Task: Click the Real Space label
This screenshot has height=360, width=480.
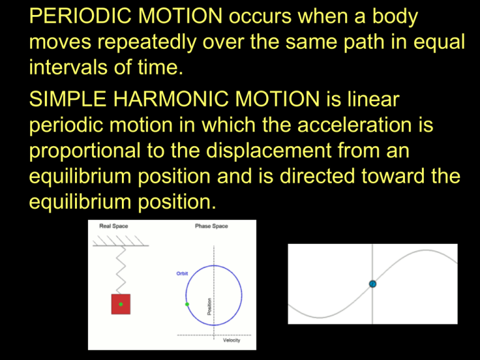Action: point(114,226)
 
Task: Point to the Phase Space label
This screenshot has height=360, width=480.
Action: point(211,226)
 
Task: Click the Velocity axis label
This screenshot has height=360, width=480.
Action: point(232,341)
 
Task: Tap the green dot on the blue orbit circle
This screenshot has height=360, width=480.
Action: point(187,304)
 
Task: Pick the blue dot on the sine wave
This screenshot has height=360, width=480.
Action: point(372,284)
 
